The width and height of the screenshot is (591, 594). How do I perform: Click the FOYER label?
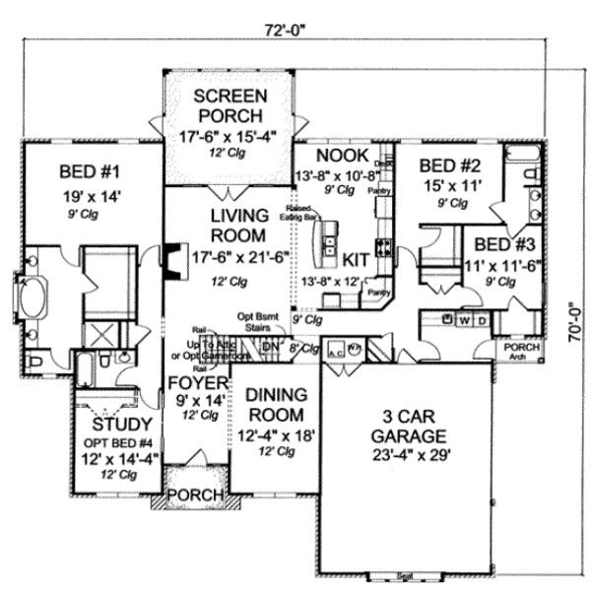pyautogui.click(x=198, y=382)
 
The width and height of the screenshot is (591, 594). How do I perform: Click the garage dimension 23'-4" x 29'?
pyautogui.click(x=414, y=455)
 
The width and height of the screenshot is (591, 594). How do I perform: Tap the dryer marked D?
pyautogui.click(x=485, y=320)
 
